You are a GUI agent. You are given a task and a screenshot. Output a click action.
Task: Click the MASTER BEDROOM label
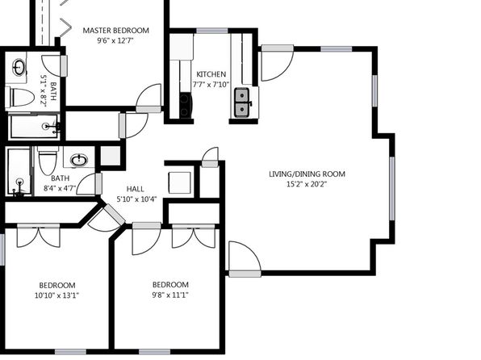(116, 31)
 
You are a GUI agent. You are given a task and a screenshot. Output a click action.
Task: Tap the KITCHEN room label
(211, 74)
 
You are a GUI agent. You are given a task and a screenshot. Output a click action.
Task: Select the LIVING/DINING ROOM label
(307, 174)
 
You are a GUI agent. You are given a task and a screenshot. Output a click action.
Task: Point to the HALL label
(136, 189)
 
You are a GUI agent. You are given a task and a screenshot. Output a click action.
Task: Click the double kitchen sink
(242, 103)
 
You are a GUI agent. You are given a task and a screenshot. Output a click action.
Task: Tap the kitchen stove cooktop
(186, 105)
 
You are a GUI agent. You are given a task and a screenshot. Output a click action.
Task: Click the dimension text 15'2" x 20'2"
(307, 184)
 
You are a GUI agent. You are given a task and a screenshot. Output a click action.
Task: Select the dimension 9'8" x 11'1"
(170, 295)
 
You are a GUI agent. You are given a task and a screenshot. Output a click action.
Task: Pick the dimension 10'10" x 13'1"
(56, 295)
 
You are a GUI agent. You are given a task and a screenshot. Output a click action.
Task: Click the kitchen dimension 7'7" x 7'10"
(211, 85)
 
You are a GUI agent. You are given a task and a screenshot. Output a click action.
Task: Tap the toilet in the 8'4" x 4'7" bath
(48, 160)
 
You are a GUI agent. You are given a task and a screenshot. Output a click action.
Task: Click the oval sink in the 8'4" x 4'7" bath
(79, 160)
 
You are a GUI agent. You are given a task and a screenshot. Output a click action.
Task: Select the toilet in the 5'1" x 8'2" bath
(20, 97)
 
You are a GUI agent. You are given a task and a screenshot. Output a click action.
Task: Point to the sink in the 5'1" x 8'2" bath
(19, 67)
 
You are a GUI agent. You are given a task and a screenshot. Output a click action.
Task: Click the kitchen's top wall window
(212, 31)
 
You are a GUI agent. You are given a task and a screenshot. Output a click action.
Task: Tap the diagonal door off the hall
(114, 214)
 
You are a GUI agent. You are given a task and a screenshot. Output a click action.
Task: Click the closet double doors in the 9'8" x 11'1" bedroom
(194, 236)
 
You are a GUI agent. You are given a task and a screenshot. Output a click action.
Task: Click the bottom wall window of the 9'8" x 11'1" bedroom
(155, 352)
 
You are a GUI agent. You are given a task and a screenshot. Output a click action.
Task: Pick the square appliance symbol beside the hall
(180, 183)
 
